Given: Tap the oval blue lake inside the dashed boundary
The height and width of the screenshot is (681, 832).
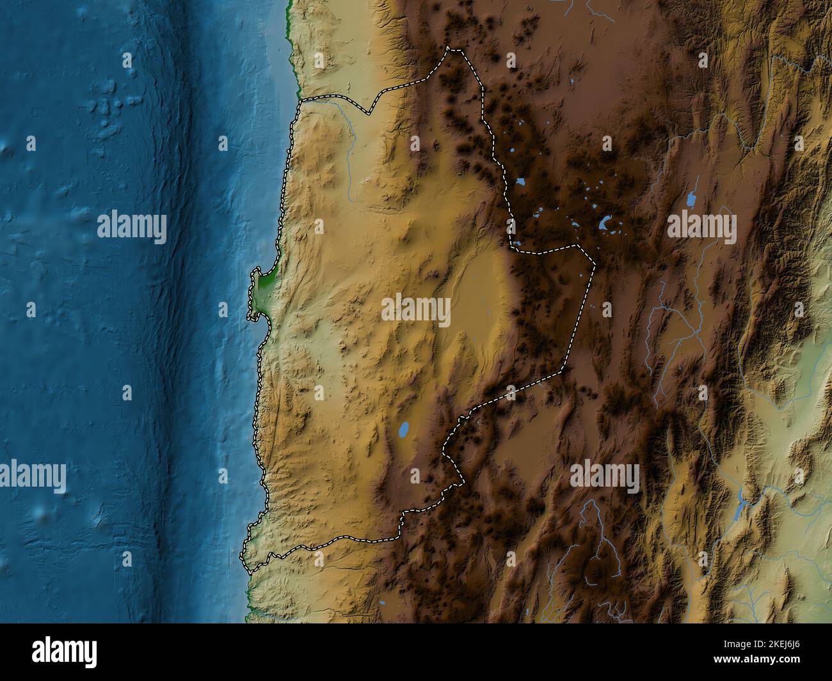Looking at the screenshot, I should tap(403, 430).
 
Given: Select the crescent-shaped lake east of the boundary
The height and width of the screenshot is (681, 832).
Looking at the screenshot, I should tap(605, 224).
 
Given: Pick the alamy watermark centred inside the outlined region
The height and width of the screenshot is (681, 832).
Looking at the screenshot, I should tap(416, 310).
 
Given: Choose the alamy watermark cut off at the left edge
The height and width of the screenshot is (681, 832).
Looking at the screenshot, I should tap(32, 476).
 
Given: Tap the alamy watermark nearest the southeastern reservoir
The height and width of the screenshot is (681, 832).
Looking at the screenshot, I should tap(604, 476).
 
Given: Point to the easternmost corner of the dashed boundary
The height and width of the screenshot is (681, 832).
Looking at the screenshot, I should tap(594, 264).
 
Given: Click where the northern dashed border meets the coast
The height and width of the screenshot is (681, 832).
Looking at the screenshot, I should tap(299, 101).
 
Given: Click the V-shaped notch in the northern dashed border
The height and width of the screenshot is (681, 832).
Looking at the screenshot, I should tap(369, 114).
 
